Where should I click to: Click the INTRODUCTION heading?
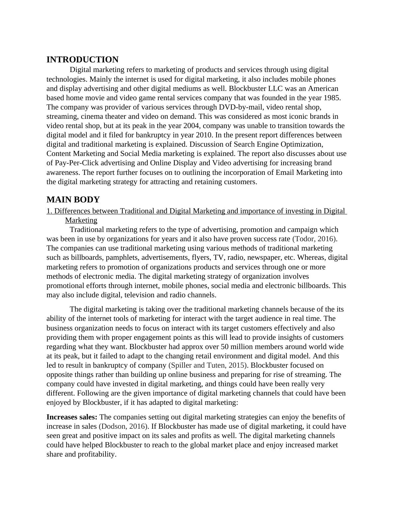(x=82, y=60)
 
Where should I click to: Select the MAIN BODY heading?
(x=73, y=200)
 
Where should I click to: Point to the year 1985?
(x=332, y=98)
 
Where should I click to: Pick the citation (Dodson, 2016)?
(x=123, y=426)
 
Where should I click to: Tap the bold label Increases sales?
(x=72, y=417)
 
